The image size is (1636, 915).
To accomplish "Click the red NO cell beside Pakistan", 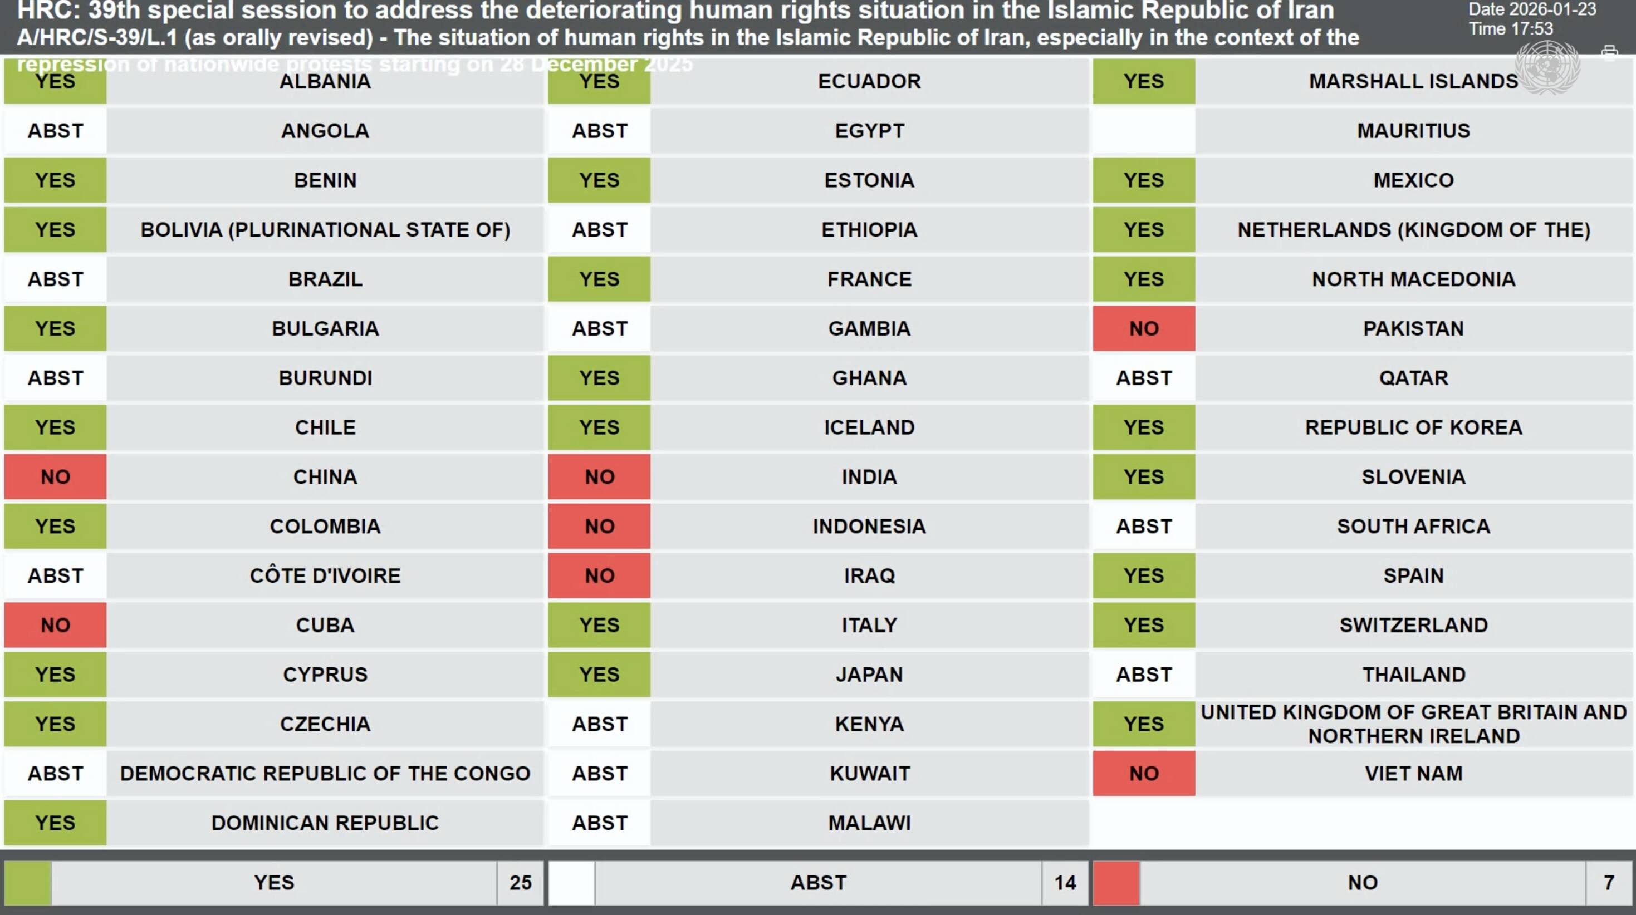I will click(x=1143, y=328).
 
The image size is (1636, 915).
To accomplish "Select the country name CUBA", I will click(x=325, y=625).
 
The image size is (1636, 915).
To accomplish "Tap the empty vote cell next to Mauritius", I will click(x=1143, y=131).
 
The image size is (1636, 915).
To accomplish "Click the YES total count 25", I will click(x=520, y=882).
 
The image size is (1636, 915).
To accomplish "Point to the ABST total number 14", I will click(x=1065, y=882).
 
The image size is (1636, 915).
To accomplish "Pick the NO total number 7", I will click(x=1608, y=882).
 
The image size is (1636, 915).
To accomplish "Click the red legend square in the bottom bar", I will click(x=1116, y=882).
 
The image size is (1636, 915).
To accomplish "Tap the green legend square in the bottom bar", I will click(x=27, y=882).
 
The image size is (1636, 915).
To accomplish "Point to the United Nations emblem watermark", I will click(x=1547, y=67).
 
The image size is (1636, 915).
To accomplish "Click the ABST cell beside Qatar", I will click(x=1143, y=378).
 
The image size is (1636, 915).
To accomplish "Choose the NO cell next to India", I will click(x=599, y=477).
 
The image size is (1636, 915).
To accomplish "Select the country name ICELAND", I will click(x=869, y=427).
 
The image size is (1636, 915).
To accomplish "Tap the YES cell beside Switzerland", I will click(x=1143, y=625).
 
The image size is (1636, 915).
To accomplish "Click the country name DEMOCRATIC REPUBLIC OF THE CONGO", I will click(x=325, y=774).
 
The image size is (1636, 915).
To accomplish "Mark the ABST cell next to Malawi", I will click(x=599, y=823).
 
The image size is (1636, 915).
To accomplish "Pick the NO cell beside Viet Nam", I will click(x=1143, y=774).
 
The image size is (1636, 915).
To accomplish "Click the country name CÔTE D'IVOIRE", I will click(x=325, y=575).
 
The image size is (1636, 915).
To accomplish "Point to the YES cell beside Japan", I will click(x=599, y=675).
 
